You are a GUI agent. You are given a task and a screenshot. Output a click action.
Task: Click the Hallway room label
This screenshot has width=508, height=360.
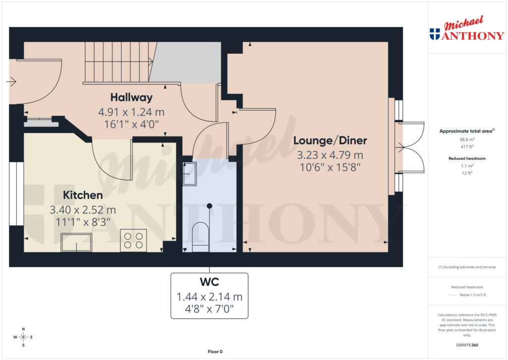coord(131,97)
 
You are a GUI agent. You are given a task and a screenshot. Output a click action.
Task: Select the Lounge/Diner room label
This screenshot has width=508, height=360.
coord(330,141)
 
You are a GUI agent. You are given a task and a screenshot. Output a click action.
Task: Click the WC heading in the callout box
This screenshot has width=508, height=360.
coord(209,283)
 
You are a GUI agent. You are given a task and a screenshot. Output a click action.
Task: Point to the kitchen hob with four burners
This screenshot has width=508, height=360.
coord(133,240)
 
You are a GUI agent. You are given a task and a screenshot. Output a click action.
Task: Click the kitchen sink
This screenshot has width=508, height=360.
coord(76,242)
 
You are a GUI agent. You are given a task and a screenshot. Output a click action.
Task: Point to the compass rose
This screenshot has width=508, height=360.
coord(22,337)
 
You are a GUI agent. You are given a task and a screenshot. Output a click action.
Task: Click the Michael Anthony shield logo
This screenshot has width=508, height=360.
coord(435,34)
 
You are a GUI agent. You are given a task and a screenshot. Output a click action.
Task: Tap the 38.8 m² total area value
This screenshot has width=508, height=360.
coord(466,140)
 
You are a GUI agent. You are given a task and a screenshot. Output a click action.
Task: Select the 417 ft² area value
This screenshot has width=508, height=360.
coord(466,146)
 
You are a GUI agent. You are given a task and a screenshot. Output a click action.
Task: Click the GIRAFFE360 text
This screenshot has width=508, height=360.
coord(466,345)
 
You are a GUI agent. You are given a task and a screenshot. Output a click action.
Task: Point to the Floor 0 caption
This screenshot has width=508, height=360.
coord(215,352)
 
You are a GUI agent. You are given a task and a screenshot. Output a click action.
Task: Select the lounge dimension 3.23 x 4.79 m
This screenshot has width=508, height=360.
coord(330,155)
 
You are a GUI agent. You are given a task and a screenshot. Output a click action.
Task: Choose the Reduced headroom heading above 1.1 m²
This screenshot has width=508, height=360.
coord(466,158)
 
